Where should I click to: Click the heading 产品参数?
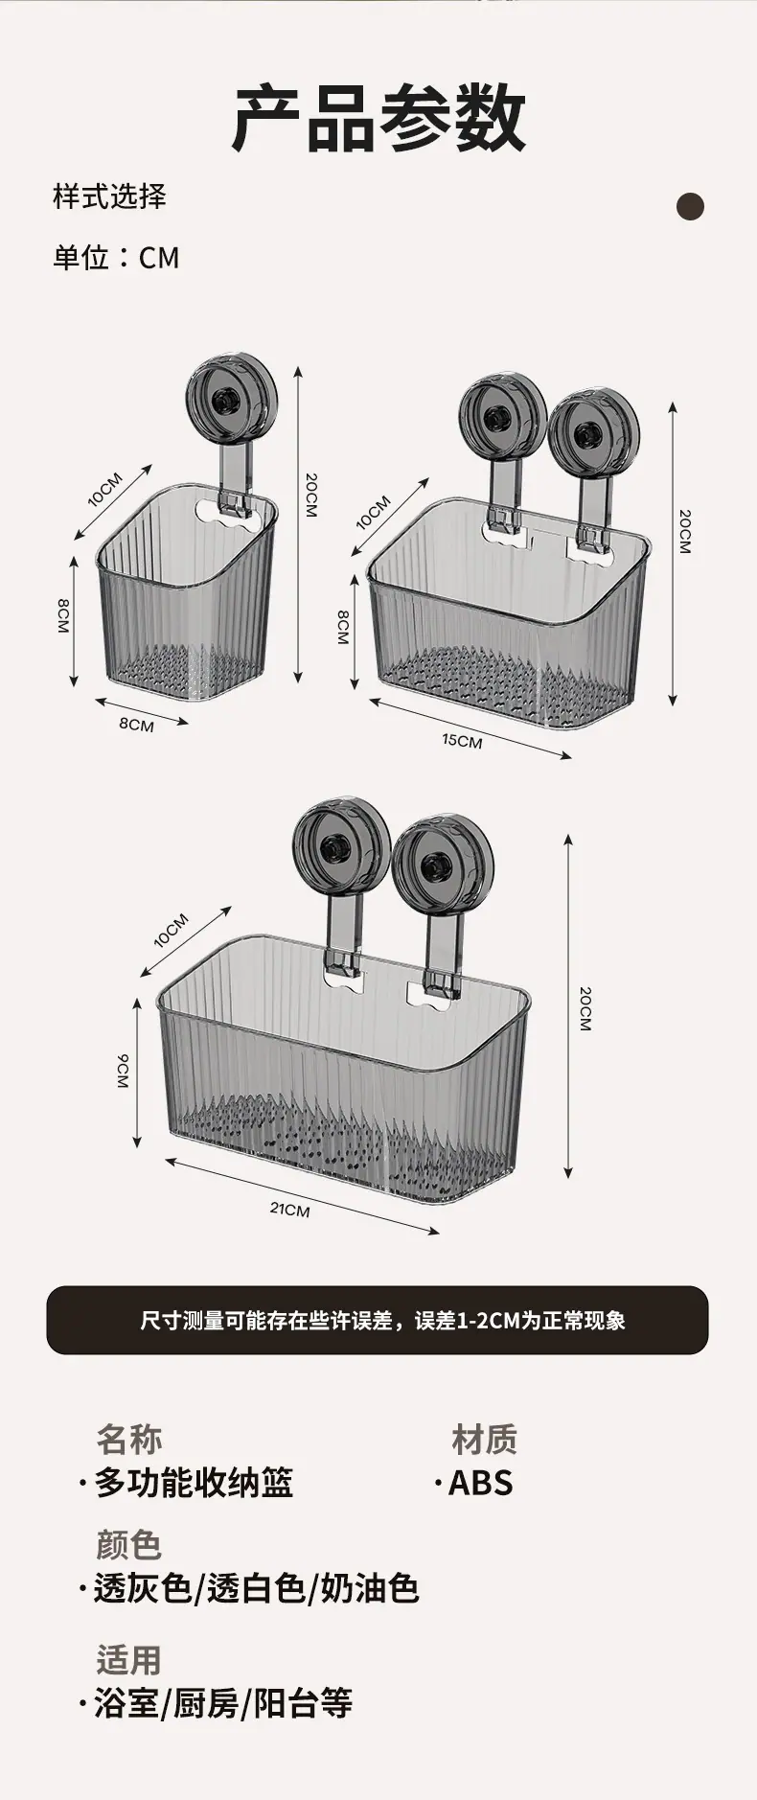coord(378,118)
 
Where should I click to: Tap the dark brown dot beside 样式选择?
coord(690,206)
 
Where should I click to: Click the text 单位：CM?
coord(116,258)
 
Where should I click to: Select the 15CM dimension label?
coord(462,741)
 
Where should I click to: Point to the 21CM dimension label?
coord(289,1210)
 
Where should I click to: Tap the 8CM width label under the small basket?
coord(136,725)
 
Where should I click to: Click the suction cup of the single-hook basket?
coord(231,396)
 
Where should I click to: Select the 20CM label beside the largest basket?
coord(585,1008)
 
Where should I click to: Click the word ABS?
coord(481,1482)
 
